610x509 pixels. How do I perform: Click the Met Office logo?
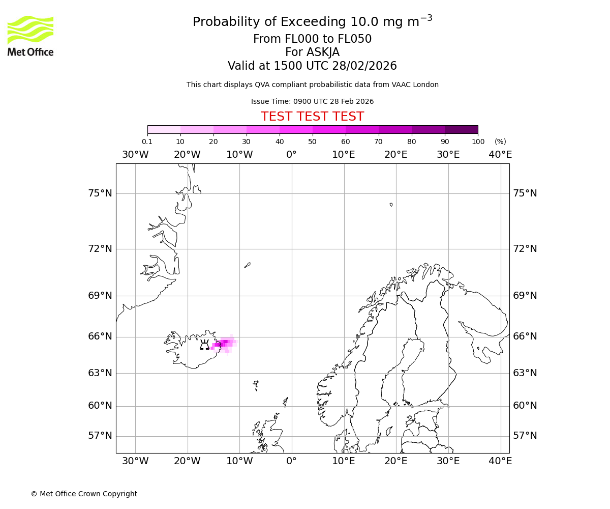pos(30,36)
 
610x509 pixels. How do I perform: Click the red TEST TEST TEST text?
pos(312,117)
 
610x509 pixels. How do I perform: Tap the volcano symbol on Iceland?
pos(204,345)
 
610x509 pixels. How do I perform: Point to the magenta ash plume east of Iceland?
pos(223,344)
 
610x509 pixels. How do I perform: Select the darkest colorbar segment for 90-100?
pos(461,129)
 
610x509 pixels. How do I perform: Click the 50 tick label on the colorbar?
pos(312,142)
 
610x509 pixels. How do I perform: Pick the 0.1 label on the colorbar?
pos(147,142)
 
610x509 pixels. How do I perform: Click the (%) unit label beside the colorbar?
pos(500,142)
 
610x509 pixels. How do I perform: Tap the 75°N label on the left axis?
pos(100,193)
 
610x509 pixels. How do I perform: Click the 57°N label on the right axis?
pos(525,436)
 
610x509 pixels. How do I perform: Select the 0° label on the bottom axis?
pos(291,461)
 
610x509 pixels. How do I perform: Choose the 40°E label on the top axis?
pos(500,155)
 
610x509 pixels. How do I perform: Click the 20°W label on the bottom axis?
pos(187,461)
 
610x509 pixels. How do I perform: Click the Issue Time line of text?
pos(312,102)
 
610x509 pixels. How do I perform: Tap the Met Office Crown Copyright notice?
pos(84,494)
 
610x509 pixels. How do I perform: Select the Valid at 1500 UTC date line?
pos(312,66)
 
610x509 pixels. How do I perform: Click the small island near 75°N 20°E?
pos(391,205)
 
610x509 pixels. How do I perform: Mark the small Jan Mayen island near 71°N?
pos(247,265)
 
